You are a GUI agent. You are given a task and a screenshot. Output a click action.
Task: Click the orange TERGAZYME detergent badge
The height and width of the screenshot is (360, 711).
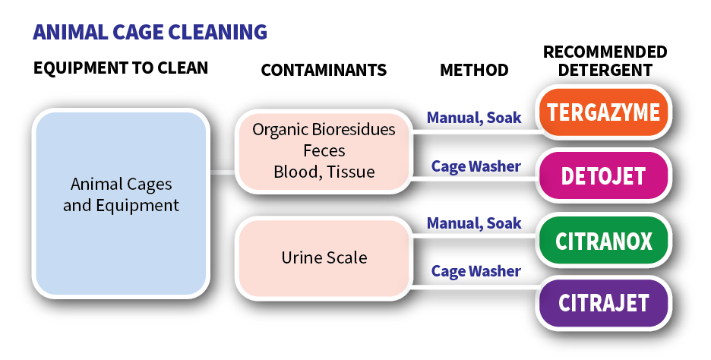coord(603,112)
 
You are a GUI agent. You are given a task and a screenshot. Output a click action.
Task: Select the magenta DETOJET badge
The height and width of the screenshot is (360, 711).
coord(603,175)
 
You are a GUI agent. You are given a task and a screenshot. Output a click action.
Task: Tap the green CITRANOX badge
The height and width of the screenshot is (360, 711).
coord(603,240)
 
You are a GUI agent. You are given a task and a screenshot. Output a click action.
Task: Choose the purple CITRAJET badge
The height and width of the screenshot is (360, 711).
coord(603,303)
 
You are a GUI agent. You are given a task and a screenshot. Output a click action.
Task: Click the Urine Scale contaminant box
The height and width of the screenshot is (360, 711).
coord(324,257)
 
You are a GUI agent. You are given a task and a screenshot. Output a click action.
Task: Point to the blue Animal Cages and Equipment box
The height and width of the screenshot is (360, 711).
coord(121,204)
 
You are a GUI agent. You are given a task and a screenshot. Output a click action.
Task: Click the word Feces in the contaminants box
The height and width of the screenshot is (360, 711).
coord(324,150)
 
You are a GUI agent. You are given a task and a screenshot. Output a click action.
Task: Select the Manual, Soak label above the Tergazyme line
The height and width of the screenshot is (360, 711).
coord(474,118)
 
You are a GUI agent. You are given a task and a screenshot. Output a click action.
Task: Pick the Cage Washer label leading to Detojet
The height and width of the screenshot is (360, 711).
coord(476,166)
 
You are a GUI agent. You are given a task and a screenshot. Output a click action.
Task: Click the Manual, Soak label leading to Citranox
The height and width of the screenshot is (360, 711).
coord(474,223)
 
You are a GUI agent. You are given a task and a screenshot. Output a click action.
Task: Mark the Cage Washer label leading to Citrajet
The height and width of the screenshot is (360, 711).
coord(476,271)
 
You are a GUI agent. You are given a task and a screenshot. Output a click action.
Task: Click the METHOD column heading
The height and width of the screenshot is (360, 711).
coord(474,71)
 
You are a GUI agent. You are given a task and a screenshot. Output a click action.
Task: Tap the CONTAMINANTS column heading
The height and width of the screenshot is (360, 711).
coord(324,71)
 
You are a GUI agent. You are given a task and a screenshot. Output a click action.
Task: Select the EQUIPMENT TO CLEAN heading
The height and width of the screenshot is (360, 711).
coord(121,68)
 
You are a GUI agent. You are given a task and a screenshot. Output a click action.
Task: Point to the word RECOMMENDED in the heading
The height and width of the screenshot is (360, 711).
coord(605,52)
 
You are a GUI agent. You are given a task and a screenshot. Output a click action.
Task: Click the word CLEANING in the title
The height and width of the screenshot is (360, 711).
coord(218,32)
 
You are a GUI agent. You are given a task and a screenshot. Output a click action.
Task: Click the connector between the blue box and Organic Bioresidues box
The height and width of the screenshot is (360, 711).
coord(223,172)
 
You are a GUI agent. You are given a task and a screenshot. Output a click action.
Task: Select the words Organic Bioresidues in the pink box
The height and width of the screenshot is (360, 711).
coord(324,130)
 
